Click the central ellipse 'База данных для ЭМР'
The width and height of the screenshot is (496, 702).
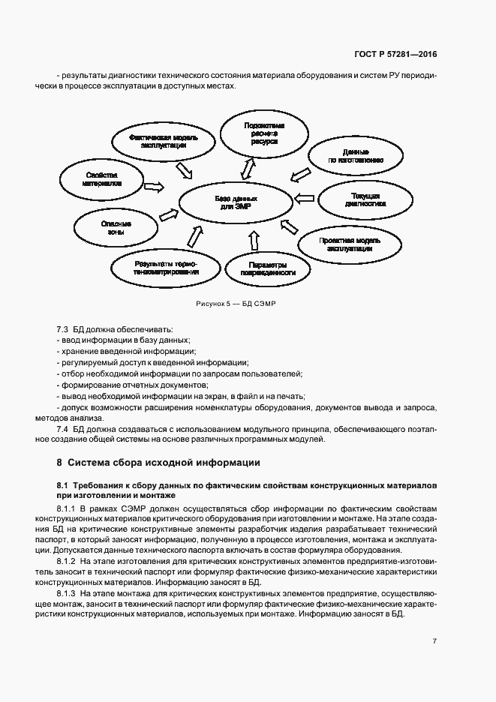[236, 203]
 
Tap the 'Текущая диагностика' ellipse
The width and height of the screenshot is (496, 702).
[365, 199]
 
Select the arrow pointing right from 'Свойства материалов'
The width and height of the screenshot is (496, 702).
[155, 185]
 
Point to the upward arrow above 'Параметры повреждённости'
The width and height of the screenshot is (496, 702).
[253, 241]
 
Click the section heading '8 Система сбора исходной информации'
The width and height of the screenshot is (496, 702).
[158, 462]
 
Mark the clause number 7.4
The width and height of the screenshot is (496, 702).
[63, 428]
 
